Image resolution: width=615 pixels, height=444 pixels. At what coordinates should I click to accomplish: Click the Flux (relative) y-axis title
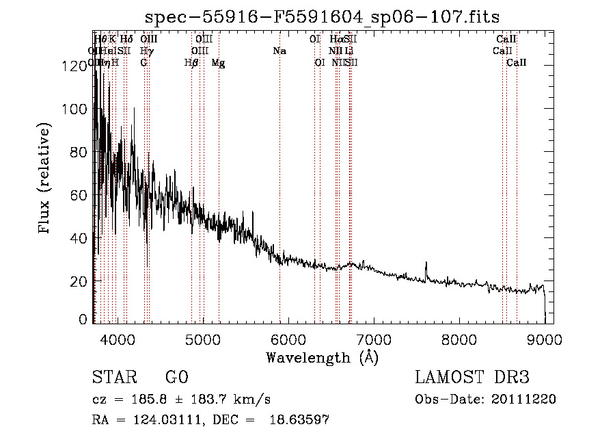tap(45, 180)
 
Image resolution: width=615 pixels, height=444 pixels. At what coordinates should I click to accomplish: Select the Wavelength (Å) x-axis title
tap(322, 358)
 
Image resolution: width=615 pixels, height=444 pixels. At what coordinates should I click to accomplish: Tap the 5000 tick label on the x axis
tap(202, 339)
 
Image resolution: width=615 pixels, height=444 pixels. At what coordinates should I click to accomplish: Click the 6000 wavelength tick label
tap(288, 339)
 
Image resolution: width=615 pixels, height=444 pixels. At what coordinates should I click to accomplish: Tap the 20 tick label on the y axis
tap(77, 281)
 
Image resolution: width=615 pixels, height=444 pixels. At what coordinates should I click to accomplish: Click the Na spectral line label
tap(279, 51)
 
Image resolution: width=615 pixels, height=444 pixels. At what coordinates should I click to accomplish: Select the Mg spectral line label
tap(219, 63)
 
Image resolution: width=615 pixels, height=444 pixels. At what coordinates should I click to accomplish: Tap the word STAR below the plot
tap(113, 378)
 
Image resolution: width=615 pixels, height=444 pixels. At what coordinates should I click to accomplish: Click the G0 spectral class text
tap(176, 378)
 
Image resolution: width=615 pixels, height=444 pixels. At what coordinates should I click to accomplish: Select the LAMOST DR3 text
tap(472, 378)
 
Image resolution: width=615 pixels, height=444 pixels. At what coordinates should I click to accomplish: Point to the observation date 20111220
tap(525, 400)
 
